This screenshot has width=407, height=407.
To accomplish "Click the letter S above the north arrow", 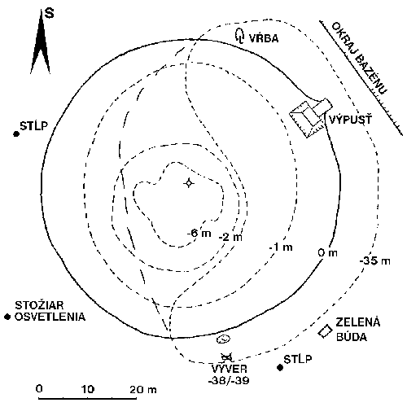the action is pyautogui.click(x=49, y=12).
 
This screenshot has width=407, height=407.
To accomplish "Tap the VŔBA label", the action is pyautogui.click(x=264, y=38).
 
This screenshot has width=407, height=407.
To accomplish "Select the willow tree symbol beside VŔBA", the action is pyautogui.click(x=239, y=36).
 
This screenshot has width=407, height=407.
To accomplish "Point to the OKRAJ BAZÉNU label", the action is pyautogui.click(x=359, y=58).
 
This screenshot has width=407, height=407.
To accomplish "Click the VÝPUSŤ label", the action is pyautogui.click(x=350, y=120).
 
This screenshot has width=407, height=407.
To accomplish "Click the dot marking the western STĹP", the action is pyautogui.click(x=16, y=133).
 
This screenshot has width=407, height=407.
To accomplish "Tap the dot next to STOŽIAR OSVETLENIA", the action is pyautogui.click(x=7, y=317).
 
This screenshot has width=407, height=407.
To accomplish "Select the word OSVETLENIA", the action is pyautogui.click(x=50, y=317).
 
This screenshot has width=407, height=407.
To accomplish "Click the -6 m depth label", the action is pyautogui.click(x=199, y=233).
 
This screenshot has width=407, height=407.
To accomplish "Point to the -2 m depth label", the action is pyautogui.click(x=230, y=237).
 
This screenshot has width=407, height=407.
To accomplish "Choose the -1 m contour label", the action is pyautogui.click(x=281, y=247).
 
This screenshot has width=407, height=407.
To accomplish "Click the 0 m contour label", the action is pyautogui.click(x=328, y=253).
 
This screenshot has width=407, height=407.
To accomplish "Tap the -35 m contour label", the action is pyautogui.click(x=374, y=261).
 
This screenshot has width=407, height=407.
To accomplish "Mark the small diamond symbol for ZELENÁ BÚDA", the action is pyautogui.click(x=325, y=331).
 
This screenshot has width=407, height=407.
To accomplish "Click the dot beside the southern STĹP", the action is pyautogui.click(x=280, y=367).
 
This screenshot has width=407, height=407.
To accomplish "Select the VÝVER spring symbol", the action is pyautogui.click(x=227, y=357).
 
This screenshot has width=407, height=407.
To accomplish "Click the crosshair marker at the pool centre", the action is pyautogui.click(x=189, y=183).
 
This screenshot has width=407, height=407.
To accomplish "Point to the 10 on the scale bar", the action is pyautogui.click(x=88, y=389).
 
